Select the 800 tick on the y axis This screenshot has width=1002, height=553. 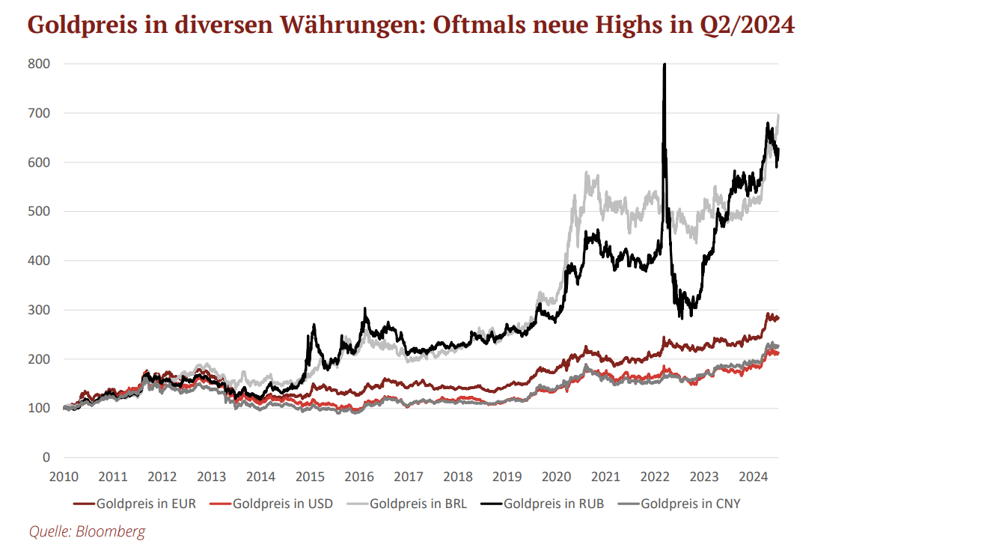pyautogui.click(x=40, y=64)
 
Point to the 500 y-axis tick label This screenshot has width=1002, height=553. pyautogui.click(x=40, y=212)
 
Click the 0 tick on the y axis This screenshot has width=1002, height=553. pyautogui.click(x=46, y=457)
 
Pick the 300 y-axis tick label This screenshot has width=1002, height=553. pyautogui.click(x=40, y=310)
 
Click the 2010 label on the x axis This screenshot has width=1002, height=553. pyautogui.click(x=64, y=477)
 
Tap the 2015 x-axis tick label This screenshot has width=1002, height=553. pyautogui.click(x=310, y=477)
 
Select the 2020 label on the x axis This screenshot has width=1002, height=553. pyautogui.click(x=556, y=477)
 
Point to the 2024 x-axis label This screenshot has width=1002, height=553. pyautogui.click(x=754, y=477)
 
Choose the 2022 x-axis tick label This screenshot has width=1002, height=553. pyautogui.click(x=655, y=477)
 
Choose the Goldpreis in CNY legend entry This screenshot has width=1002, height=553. pyautogui.click(x=690, y=504)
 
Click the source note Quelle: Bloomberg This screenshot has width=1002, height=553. pyautogui.click(x=88, y=532)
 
